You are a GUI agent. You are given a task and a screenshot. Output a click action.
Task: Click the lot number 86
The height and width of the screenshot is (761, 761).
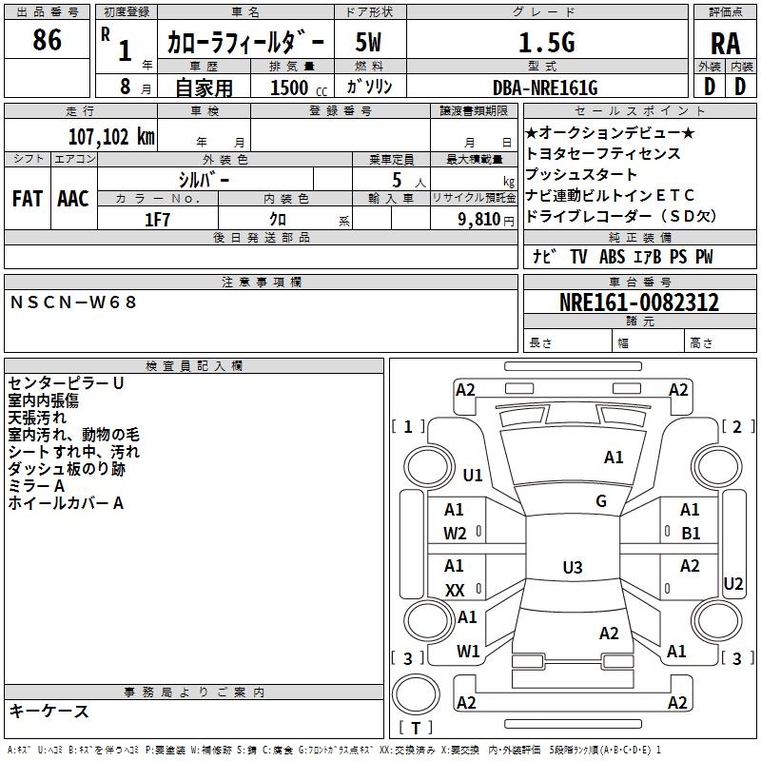click(47, 41)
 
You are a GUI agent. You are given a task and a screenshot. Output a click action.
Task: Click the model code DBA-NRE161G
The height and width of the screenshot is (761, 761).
click(545, 88)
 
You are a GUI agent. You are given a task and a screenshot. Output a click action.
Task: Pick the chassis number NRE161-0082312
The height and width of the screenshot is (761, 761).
click(638, 303)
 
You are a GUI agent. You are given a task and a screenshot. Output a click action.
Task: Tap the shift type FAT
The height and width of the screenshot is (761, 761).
click(27, 199)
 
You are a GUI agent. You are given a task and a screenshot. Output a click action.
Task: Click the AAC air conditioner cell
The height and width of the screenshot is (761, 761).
click(73, 199)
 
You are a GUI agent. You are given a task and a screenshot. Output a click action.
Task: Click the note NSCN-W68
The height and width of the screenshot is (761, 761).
click(74, 302)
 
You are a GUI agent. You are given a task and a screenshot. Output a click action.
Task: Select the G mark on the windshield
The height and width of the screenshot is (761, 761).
click(601, 501)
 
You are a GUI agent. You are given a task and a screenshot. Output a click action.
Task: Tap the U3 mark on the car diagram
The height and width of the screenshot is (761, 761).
click(572, 568)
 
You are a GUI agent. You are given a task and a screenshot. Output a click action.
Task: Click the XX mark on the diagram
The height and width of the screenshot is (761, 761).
click(455, 591)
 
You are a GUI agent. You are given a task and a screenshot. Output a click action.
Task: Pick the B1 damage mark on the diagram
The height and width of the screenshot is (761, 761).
click(691, 534)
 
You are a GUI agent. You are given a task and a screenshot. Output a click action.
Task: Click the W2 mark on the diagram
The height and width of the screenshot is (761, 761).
click(455, 534)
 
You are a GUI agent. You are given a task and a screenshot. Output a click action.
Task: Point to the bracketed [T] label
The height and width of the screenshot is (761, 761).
click(414, 729)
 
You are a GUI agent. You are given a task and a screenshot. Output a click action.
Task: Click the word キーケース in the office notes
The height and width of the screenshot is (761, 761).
click(49, 711)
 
